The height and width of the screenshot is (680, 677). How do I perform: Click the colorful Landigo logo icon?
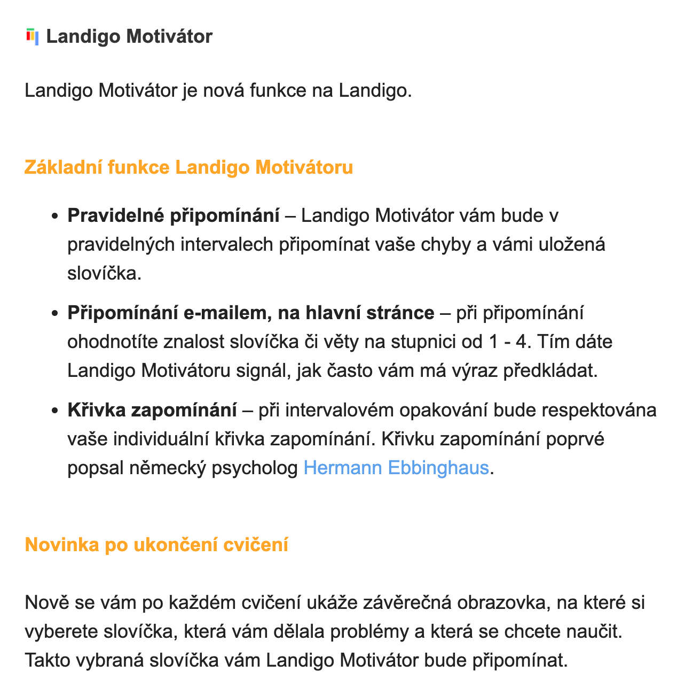32,37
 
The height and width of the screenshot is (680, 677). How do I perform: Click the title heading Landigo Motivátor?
129,37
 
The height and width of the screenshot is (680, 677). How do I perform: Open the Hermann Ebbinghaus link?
396,468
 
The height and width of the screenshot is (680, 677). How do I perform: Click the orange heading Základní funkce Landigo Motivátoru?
188,167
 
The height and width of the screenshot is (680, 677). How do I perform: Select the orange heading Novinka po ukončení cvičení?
156,545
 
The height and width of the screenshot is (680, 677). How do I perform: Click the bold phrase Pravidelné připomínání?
173,216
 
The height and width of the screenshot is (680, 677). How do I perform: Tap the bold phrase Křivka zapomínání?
152,411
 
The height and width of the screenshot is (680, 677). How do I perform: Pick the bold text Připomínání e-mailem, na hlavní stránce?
250,313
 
